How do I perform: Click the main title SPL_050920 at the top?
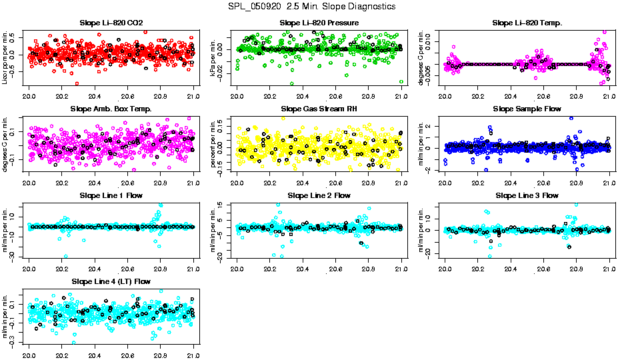(311, 6)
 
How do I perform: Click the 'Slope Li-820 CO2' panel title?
(111, 23)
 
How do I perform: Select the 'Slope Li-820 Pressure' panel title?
(319, 23)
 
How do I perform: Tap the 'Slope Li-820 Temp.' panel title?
(527, 23)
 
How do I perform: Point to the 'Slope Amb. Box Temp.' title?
(111, 109)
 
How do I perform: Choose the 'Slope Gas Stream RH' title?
(319, 109)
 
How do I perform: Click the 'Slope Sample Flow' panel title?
(527, 109)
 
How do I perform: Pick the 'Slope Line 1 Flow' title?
(111, 195)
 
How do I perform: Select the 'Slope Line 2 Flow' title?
(319, 195)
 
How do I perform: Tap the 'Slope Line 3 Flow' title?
(527, 195)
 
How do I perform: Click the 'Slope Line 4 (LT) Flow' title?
(111, 282)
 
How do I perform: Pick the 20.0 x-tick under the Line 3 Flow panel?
(445, 267)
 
